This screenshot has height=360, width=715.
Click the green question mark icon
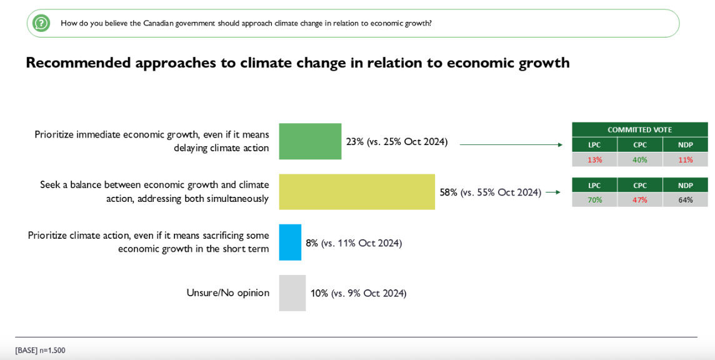point(41,23)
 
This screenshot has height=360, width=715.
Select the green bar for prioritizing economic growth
point(310,141)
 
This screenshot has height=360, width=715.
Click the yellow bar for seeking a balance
point(357,192)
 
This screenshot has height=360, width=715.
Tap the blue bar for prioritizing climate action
point(290,242)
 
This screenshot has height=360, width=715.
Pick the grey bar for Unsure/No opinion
point(292,293)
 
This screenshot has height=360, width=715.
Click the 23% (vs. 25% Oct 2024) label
point(397,142)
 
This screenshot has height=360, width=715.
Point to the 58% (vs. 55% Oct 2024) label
point(490,192)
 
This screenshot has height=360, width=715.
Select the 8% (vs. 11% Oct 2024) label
point(354,243)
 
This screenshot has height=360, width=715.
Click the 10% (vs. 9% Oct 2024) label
point(359,293)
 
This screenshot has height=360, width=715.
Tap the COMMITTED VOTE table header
point(639,130)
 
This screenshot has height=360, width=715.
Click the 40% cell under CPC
point(640,159)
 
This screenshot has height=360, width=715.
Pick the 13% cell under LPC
point(594,159)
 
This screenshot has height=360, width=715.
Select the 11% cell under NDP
point(686,159)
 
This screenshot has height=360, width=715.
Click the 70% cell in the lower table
point(594,200)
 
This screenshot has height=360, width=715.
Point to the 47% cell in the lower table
point(640,200)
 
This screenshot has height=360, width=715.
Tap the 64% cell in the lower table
point(686,200)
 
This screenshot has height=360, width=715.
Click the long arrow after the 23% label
point(511,145)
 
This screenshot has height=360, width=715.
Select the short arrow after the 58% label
point(553,192)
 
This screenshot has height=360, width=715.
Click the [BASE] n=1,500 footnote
point(40,351)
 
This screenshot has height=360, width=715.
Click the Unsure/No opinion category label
point(227,293)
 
